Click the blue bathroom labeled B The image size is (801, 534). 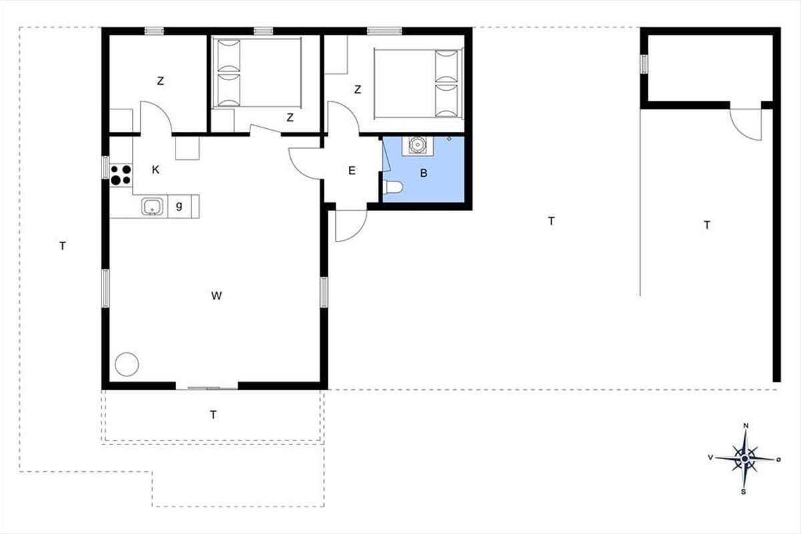423,169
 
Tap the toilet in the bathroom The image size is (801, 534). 392,187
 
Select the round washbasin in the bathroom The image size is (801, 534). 417,144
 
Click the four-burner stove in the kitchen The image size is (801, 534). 121,175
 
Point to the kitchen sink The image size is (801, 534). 152,206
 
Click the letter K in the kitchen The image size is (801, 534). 155,170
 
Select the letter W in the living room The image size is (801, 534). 216,296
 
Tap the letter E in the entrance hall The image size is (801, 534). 352,171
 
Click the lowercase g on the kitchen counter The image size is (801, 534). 179,206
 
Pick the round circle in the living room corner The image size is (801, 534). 127,364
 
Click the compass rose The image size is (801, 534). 744,459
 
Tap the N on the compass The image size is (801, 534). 746,426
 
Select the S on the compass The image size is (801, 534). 744,492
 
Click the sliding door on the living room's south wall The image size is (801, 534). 207,388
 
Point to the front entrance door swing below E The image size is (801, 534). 351,226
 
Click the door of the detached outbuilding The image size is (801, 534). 746,124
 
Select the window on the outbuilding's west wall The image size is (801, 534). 643,64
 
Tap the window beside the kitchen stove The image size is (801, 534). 105,168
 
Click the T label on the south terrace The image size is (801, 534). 213,415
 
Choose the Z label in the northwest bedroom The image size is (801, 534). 161,81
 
